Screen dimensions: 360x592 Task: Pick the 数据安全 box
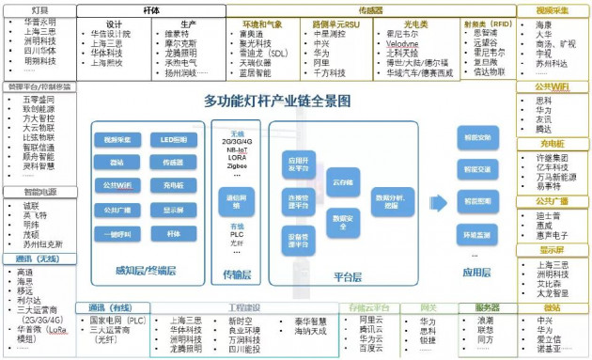point(340,217)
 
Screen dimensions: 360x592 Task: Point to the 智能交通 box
point(477,170)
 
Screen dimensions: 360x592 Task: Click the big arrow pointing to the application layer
point(433,200)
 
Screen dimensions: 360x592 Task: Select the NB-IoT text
point(236,149)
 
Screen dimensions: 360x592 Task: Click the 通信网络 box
point(236,199)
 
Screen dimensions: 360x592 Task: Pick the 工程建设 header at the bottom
point(245,306)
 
